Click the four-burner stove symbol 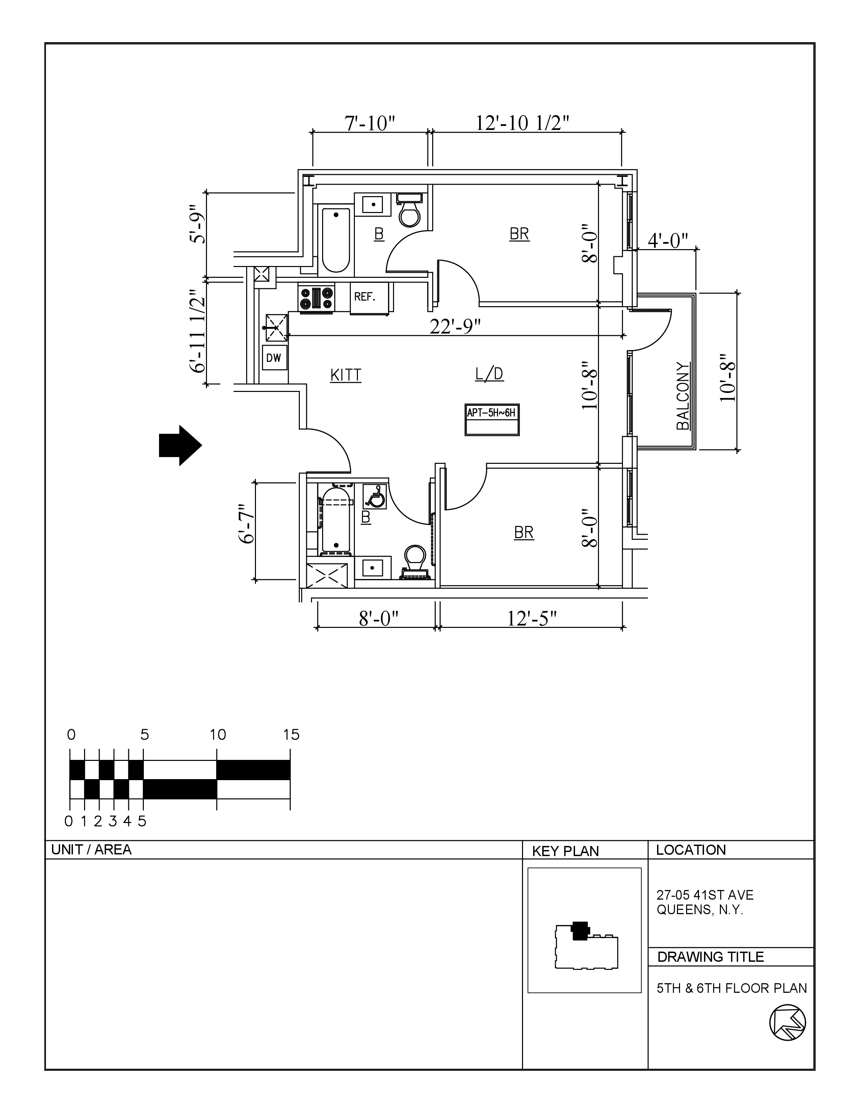pos(316,298)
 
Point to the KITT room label pos(346,375)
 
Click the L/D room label pos(489,374)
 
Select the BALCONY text pos(682,396)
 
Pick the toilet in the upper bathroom pos(409,212)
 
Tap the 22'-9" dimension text pos(455,326)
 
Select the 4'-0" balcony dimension pos(668,240)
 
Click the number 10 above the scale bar pos(218,735)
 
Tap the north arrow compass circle pos(787,1036)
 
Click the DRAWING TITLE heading pos(710,957)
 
